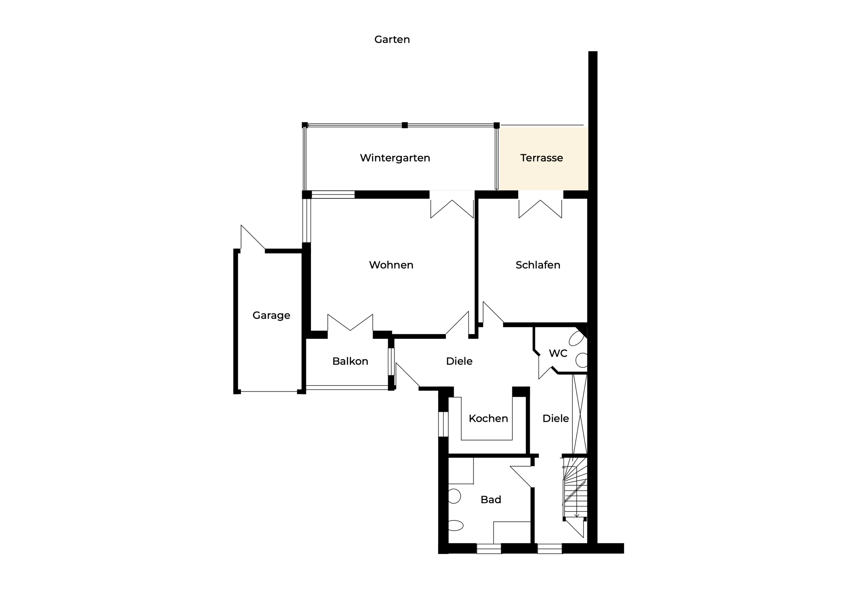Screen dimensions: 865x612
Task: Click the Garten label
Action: (x=392, y=40)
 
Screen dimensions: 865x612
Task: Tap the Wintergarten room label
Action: (x=395, y=158)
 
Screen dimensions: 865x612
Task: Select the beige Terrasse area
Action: (x=544, y=159)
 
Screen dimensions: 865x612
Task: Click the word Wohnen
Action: (x=391, y=265)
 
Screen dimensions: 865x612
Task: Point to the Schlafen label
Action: (x=538, y=265)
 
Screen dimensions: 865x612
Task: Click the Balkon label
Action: (x=350, y=361)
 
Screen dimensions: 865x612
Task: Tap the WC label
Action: (x=558, y=353)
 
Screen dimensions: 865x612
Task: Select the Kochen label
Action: (x=488, y=419)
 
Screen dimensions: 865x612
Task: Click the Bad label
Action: (x=491, y=500)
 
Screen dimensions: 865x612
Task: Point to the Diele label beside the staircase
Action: (x=556, y=419)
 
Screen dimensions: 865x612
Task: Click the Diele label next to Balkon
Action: (x=459, y=361)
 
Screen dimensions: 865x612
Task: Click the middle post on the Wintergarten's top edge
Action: (x=405, y=125)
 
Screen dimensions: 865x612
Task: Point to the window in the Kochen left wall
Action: (x=443, y=424)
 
